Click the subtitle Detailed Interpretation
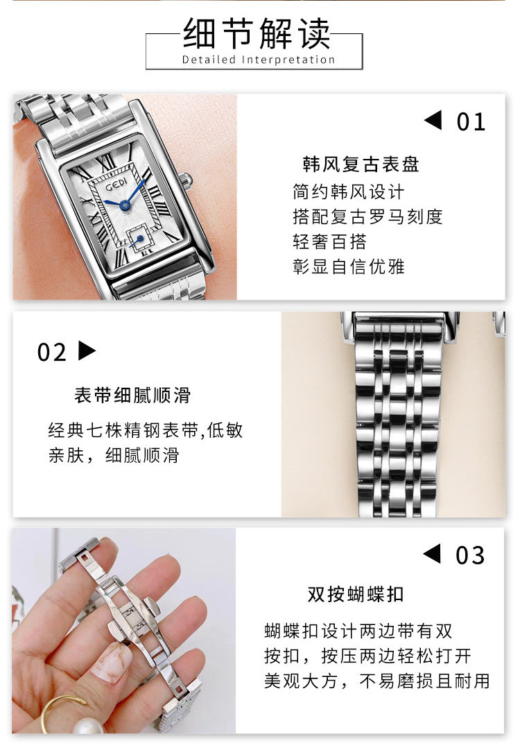(x=259, y=60)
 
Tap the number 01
(x=471, y=122)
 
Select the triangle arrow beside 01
(x=433, y=120)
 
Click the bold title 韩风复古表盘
(x=361, y=164)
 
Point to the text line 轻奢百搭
(x=330, y=241)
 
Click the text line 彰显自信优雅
(x=349, y=266)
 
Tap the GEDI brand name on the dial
(x=116, y=184)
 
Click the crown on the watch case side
(x=186, y=180)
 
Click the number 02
(x=51, y=353)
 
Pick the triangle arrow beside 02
(x=87, y=350)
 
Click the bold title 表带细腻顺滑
(x=132, y=395)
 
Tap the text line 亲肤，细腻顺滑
(x=114, y=455)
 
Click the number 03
(x=470, y=556)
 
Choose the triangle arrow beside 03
(x=432, y=554)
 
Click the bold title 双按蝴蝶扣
(x=356, y=595)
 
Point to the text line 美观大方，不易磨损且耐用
(x=377, y=681)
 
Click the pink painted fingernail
(x=111, y=663)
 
